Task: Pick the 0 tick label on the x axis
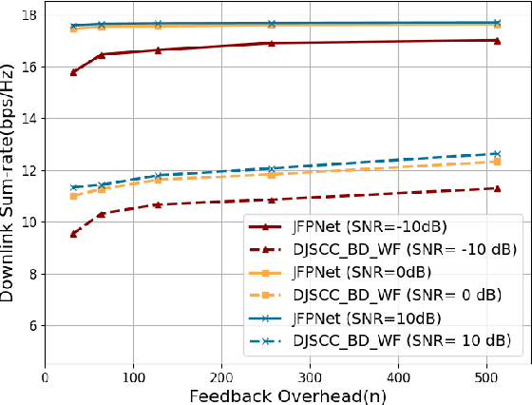[47, 375]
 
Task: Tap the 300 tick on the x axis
[310, 375]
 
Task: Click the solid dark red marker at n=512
[495, 41]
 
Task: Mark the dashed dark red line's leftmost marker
[74, 233]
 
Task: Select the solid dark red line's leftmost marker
[74, 72]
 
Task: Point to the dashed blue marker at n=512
[495, 154]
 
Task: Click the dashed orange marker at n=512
[495, 162]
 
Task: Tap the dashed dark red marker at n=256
[272, 201]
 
